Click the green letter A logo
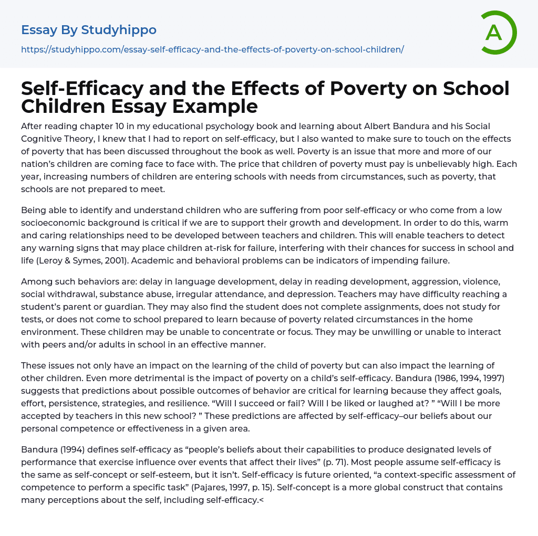pos(498,33)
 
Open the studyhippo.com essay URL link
pos(212,49)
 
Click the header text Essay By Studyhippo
pos(89,30)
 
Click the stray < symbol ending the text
pos(262,500)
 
